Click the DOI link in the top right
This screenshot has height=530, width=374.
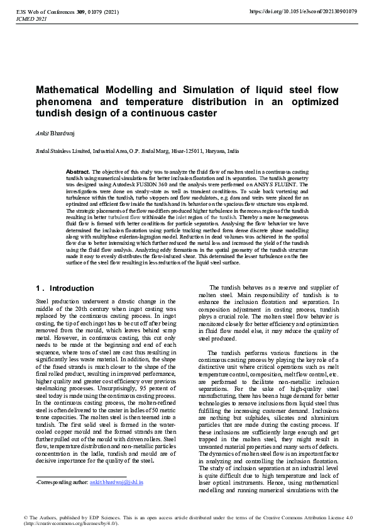pos(303,11)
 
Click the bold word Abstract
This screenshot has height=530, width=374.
pos(78,171)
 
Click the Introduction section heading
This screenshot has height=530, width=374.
pos(72,288)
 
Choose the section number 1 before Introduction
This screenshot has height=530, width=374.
pos(38,288)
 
